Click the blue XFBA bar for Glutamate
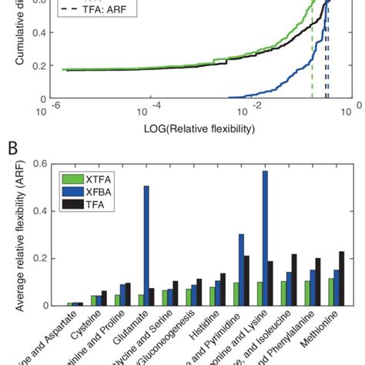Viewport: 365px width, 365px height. point(146,246)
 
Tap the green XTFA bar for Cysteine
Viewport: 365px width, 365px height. point(95,301)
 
